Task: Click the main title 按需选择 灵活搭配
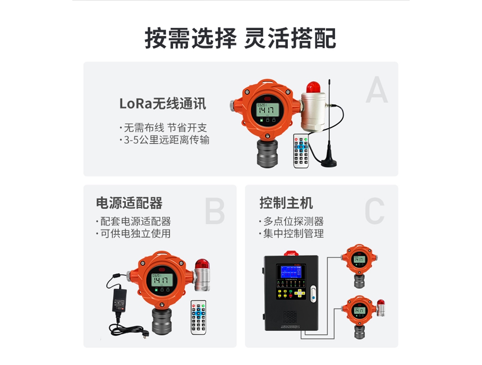pyautogui.click(x=241, y=38)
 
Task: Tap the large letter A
pyautogui.click(x=376, y=90)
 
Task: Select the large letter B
pyautogui.click(x=214, y=211)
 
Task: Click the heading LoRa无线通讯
pyautogui.click(x=162, y=104)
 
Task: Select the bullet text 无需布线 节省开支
pyautogui.click(x=165, y=128)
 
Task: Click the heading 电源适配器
pyautogui.click(x=129, y=203)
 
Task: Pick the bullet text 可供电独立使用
pyautogui.click(x=135, y=234)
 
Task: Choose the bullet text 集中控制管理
pyautogui.click(x=293, y=234)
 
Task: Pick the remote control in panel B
pyautogui.click(x=198, y=317)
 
